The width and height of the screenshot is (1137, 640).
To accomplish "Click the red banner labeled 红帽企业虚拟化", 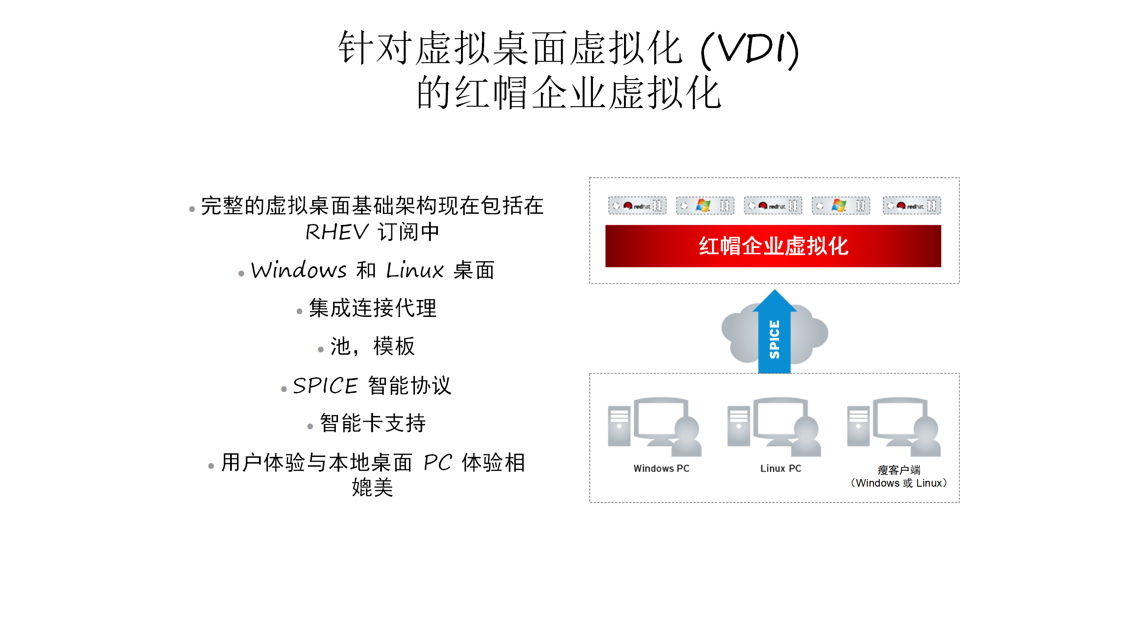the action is point(773,246).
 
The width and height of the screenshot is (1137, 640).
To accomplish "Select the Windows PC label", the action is point(661,468).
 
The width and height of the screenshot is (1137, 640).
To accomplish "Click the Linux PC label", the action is point(781,468).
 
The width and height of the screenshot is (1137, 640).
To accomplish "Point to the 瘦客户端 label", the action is point(899,470).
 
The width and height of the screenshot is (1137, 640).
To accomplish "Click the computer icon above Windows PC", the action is point(655,427).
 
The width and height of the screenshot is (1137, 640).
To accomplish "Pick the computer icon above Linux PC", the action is point(774,427).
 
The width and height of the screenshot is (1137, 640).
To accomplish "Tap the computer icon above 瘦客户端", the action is point(894,427).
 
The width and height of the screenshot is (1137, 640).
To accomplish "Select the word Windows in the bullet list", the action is point(298,270).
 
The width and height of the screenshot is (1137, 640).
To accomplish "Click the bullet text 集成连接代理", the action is point(373,308).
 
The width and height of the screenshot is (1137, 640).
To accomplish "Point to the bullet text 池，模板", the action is point(373,346).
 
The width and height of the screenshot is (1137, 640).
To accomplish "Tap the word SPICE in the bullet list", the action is point(325,385).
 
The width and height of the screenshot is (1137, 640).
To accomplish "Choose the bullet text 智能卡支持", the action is point(373,423).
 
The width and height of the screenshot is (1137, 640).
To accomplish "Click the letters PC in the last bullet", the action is point(437,463).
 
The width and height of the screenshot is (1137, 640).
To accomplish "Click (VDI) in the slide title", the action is point(749,49).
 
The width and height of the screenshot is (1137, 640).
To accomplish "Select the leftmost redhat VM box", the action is point(637,206).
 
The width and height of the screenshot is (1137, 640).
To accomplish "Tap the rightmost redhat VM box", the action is point(911,206).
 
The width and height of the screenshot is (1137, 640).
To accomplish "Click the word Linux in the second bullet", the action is point(415,270).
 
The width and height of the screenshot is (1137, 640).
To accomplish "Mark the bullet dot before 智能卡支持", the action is point(310,427).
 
